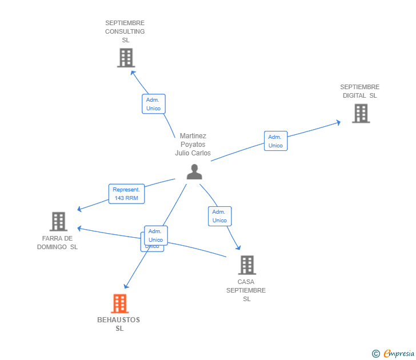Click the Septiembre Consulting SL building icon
coord(126,58)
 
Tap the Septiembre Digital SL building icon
coord(361,113)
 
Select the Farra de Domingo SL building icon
coord(58,221)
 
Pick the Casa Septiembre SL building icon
coord(247,265)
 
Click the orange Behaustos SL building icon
coord(119,303)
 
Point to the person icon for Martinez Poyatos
coord(194,172)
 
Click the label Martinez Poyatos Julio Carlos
coord(193,145)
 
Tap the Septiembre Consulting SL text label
coord(125,31)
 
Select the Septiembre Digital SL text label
coord(360,91)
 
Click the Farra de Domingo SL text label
coord(57,242)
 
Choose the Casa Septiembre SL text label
coord(246,290)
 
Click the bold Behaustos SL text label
coord(119,324)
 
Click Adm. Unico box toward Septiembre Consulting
coord(153,104)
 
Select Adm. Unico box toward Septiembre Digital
coord(275,141)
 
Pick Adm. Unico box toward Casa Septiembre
coord(219,216)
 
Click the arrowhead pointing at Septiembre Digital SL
coord(339,122)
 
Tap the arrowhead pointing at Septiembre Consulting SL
coord(133,72)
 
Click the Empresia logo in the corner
coord(394,354)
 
